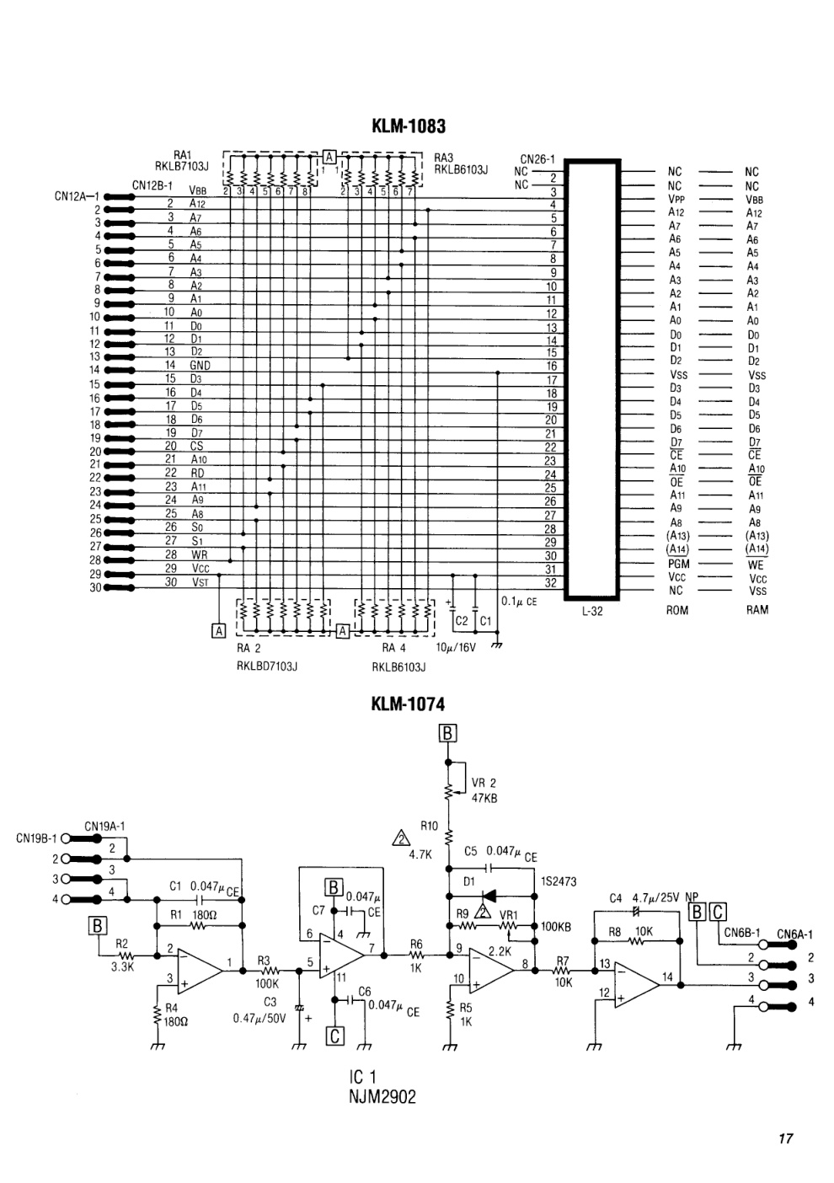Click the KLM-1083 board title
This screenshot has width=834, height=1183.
pos(409,126)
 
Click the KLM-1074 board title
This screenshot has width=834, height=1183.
pos(408,704)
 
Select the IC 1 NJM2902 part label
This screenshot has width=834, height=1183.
pos(382,1088)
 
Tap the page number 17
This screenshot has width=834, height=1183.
pos(785,1139)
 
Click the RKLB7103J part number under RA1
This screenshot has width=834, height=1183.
pos(182,166)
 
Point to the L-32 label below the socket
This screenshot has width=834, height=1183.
pos(592,611)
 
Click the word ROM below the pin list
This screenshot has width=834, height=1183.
pos(677,610)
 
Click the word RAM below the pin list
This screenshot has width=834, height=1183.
pos(756,610)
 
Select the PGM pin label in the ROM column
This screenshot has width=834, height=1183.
pos(678,564)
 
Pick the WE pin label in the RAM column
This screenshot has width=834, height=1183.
pos(756,565)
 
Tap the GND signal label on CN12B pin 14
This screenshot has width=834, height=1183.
pos(200,365)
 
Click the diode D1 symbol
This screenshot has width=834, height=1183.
pos(489,896)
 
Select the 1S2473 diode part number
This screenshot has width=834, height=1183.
pos(559,881)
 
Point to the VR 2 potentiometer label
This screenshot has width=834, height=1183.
pos(484,783)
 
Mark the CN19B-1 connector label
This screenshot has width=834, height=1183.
pos(36,838)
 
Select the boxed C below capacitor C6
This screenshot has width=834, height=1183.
pos(335,1036)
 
